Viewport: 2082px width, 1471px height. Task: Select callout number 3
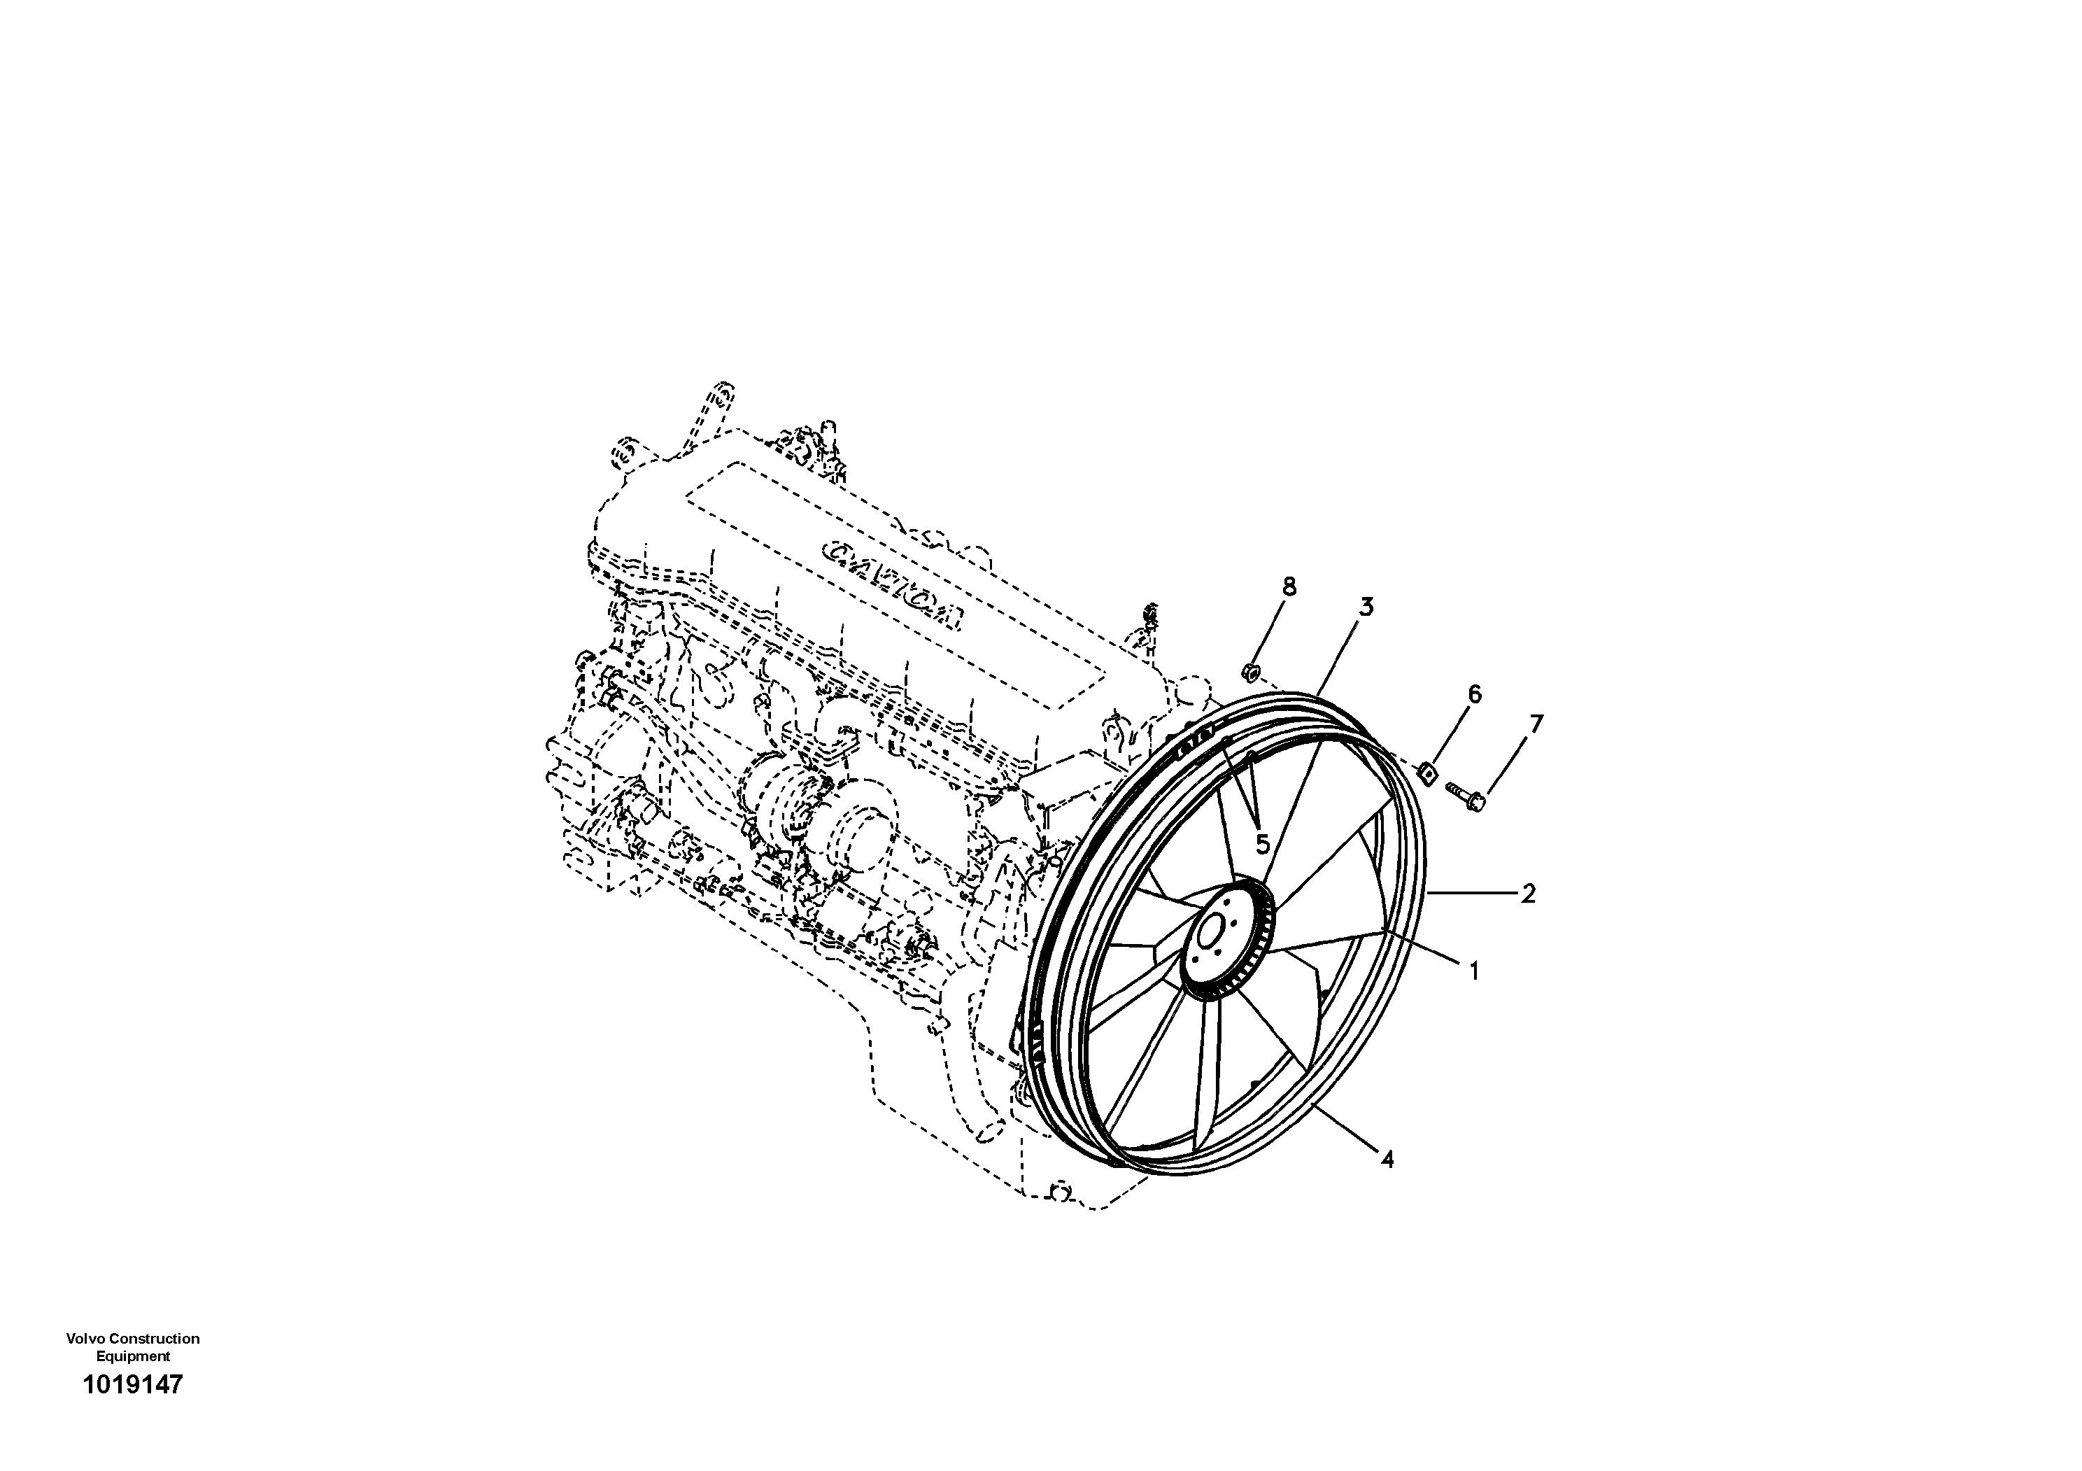coord(1366,607)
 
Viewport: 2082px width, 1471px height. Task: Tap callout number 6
coord(1475,695)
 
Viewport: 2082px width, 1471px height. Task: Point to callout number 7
coord(1535,724)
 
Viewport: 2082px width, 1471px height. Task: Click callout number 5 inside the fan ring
coord(1262,845)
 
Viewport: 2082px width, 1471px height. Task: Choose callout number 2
coord(1528,894)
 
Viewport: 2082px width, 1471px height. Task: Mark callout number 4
coord(1387,1159)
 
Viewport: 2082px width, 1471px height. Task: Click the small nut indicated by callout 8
coord(1248,672)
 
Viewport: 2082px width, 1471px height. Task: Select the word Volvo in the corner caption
coord(83,1339)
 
